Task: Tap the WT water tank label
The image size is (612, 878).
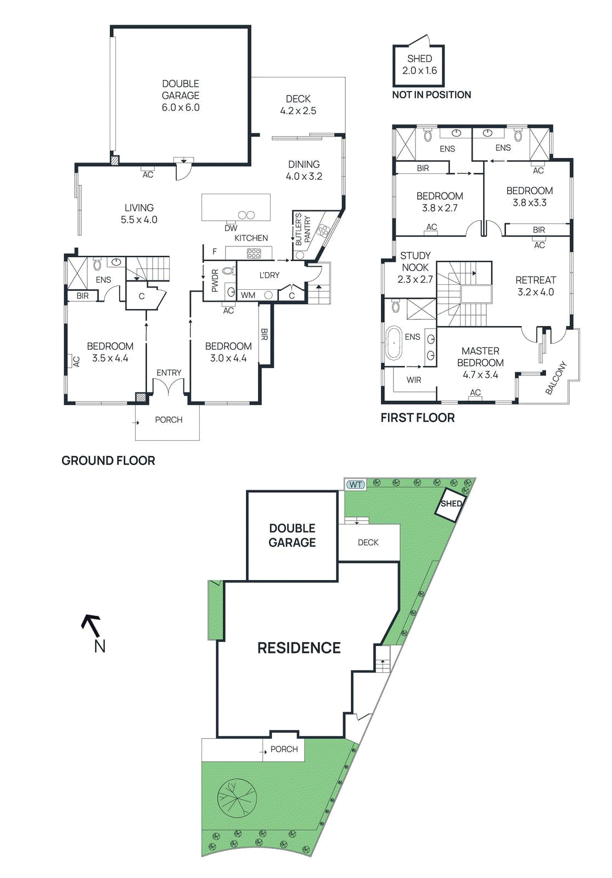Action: (x=356, y=485)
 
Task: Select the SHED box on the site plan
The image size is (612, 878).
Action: (x=451, y=504)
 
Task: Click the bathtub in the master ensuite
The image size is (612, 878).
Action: (x=394, y=342)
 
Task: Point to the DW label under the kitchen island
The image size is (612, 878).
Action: (x=231, y=228)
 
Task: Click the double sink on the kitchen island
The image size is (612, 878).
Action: (x=246, y=215)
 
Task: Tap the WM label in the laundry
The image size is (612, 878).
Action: (x=248, y=295)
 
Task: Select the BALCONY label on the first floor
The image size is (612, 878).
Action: (x=555, y=378)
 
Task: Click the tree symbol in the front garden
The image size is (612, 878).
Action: (x=237, y=798)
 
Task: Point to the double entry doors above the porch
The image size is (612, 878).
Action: (x=168, y=387)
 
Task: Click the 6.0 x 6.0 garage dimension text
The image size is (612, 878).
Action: (x=181, y=108)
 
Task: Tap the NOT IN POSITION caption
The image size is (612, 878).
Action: (x=431, y=94)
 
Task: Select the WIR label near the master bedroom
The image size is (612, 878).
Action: (x=414, y=380)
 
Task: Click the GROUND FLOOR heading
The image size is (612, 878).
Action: (x=108, y=460)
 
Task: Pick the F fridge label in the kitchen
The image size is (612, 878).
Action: (x=215, y=251)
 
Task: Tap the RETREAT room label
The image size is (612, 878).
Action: (x=536, y=280)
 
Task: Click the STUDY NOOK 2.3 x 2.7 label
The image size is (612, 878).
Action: (x=416, y=267)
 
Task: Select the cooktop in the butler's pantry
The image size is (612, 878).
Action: (x=323, y=230)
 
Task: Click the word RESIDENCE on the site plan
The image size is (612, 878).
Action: (x=299, y=648)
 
